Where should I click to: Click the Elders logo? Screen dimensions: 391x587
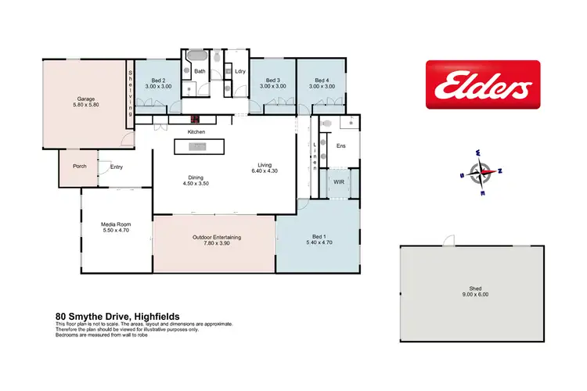coord(482,84)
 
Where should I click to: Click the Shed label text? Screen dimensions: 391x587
coord(470,283)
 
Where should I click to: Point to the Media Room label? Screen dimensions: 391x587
coord(115,227)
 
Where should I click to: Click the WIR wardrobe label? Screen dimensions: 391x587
coord(338,181)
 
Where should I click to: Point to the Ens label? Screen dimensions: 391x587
coord(341,146)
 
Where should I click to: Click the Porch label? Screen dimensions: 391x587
coord(79,166)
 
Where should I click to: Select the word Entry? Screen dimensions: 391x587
coord(117,166)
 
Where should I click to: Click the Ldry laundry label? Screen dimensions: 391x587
coord(240,72)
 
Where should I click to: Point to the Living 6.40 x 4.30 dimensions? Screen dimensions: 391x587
coord(265,168)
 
